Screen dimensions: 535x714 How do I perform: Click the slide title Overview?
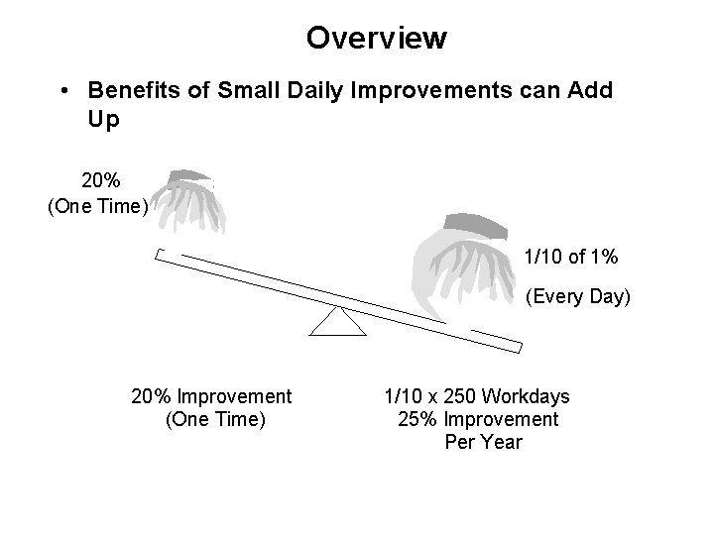pyautogui.click(x=376, y=39)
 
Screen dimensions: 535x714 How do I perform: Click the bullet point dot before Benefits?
pyautogui.click(x=63, y=91)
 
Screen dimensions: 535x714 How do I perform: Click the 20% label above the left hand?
pyautogui.click(x=101, y=182)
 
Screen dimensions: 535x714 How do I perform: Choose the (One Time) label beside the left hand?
pyautogui.click(x=98, y=207)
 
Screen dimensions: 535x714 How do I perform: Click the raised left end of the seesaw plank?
pyautogui.click(x=164, y=257)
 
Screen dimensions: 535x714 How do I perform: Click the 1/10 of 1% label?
pyautogui.click(x=570, y=258)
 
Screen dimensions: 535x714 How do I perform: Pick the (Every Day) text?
pyautogui.click(x=577, y=295)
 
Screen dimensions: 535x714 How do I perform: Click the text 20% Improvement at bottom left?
pyautogui.click(x=211, y=396)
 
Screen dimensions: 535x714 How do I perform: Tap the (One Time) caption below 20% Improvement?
pyautogui.click(x=214, y=419)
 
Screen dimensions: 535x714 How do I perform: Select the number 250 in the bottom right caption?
pyautogui.click(x=468, y=396)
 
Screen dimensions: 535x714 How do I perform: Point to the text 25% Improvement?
pyautogui.click(x=478, y=419)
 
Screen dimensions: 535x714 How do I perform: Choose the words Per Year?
pyautogui.click(x=483, y=442)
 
